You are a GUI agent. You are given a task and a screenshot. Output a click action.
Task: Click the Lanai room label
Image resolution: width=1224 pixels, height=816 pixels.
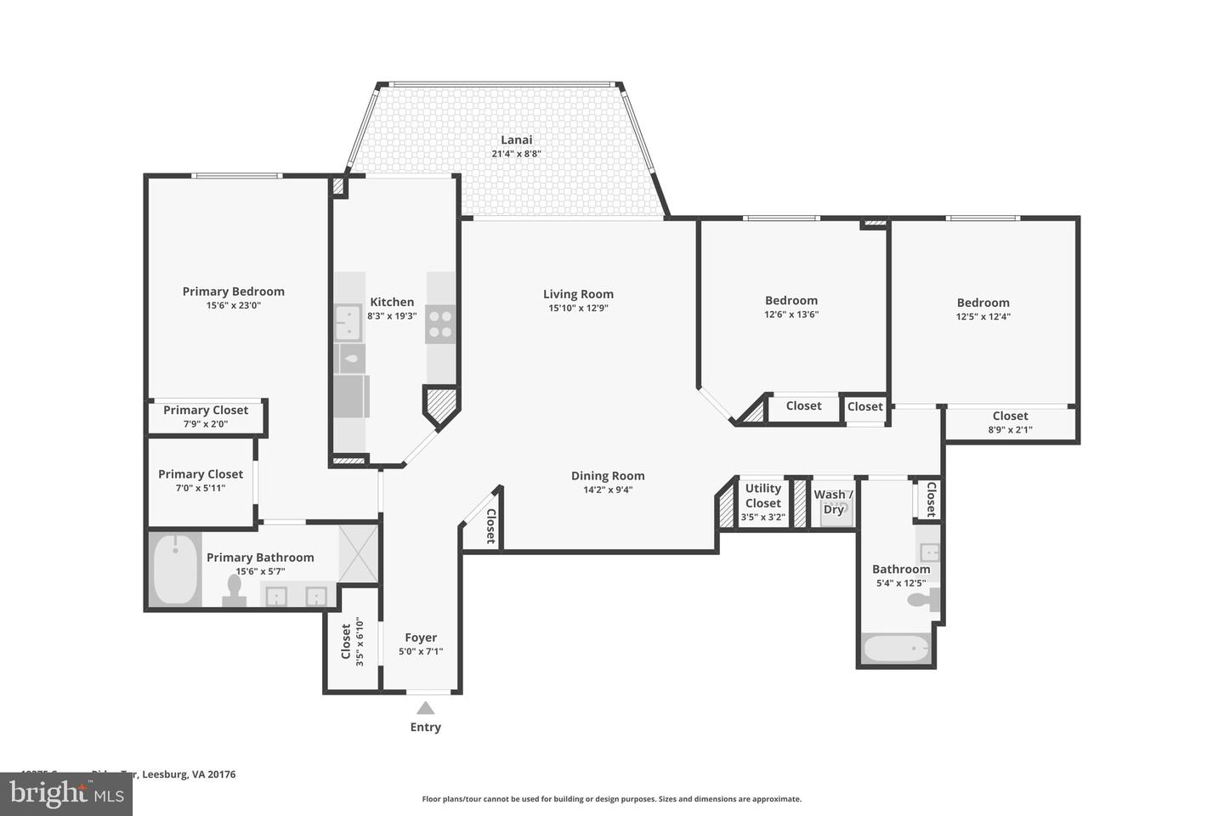point(516,140)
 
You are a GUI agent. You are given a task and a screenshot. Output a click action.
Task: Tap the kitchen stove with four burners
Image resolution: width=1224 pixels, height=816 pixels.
point(440,324)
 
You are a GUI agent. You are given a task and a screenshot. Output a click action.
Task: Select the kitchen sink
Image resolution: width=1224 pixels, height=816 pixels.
point(348,323)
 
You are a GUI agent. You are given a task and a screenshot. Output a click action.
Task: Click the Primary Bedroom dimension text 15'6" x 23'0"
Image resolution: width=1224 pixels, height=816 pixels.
point(233,305)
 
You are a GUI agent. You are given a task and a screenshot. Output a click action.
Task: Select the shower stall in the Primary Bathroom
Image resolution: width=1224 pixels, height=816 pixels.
point(358,554)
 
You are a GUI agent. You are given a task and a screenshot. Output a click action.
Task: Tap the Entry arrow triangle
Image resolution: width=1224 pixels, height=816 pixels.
point(426,708)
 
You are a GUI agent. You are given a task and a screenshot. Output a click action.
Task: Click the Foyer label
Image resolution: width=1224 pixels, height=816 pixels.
point(421,637)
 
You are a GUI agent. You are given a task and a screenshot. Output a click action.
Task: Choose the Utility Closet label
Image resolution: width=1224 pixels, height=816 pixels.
point(762,496)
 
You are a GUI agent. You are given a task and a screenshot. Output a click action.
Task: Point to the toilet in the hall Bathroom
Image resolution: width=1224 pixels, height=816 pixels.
point(922,600)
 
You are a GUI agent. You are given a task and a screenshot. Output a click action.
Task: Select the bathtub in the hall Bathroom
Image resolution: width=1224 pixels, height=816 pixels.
point(896,649)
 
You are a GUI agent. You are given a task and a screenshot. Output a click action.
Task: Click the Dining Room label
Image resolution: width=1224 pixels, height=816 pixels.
point(608,476)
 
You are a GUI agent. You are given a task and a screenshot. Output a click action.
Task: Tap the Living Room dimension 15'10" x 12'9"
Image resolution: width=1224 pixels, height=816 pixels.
point(578,309)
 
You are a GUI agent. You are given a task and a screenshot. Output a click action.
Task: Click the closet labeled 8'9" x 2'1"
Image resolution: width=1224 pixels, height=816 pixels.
point(1010,422)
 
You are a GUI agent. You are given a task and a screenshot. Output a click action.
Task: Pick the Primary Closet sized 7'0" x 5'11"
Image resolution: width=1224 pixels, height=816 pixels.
point(201,480)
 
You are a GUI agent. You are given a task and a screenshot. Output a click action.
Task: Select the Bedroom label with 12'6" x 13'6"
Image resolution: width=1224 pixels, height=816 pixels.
point(791,300)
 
